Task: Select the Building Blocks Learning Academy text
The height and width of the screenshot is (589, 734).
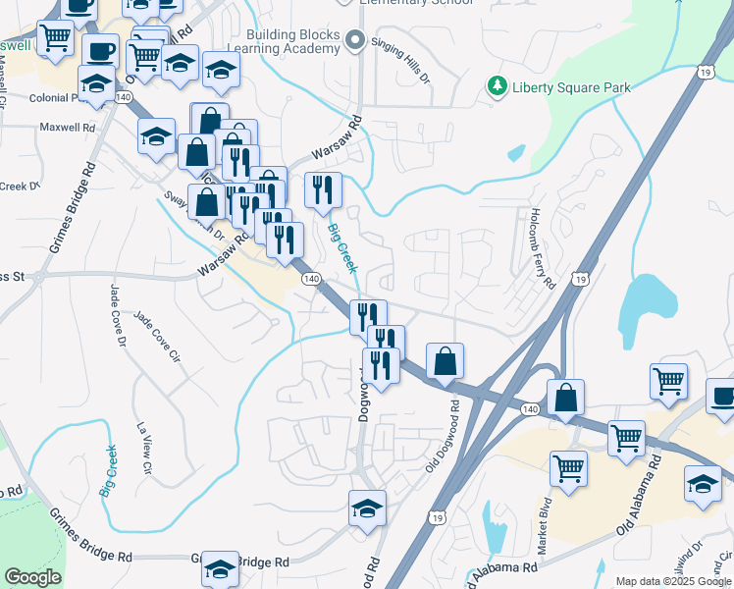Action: pyautogui.click(x=293, y=41)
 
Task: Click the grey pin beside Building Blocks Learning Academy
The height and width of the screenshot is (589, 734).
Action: pyautogui.click(x=354, y=41)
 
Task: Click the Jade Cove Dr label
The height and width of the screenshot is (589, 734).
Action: pyautogui.click(x=118, y=315)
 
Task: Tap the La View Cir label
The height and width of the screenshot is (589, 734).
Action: pyautogui.click(x=143, y=449)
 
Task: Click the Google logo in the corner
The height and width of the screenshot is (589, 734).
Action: pyautogui.click(x=32, y=577)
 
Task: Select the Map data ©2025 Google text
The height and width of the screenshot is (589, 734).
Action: pyautogui.click(x=673, y=581)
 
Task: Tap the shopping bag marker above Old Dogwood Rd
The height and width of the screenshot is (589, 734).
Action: pyautogui.click(x=445, y=360)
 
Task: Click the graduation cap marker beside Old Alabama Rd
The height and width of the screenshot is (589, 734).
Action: pyautogui.click(x=702, y=484)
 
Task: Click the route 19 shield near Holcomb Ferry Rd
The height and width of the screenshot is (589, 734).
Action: pyautogui.click(x=582, y=280)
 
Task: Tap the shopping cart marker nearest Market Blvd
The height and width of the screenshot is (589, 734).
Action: pyautogui.click(x=568, y=468)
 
